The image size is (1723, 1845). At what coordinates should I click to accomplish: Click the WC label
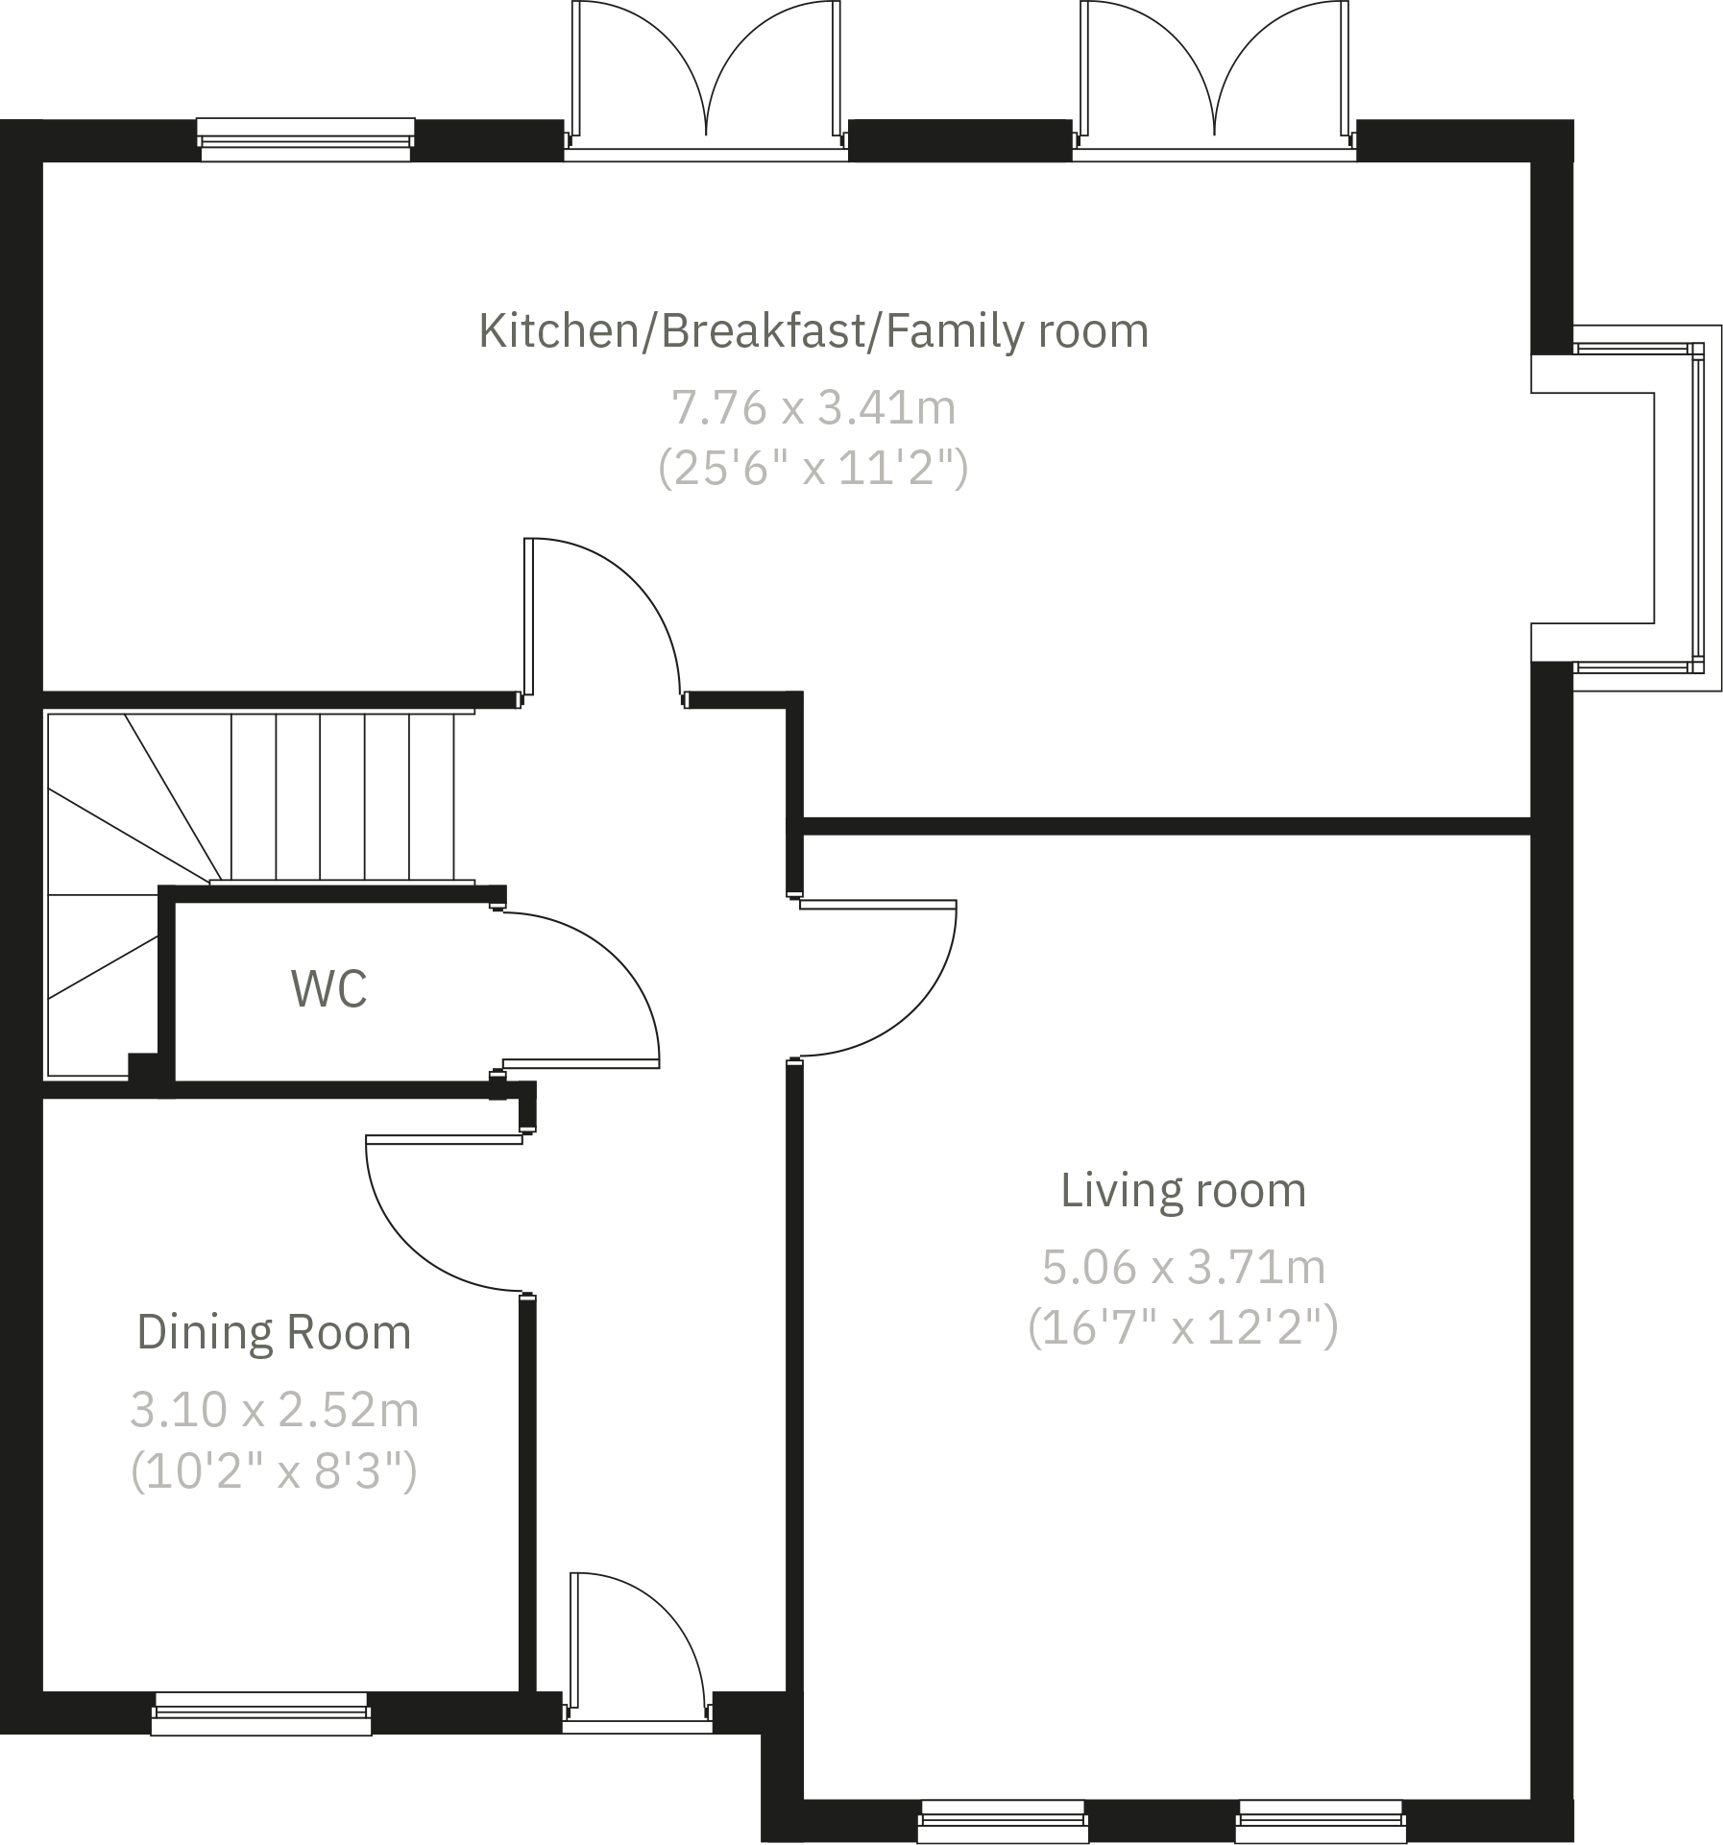(328, 989)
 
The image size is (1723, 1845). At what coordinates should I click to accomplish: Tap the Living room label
(1182, 1191)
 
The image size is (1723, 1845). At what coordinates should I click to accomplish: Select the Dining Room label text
(274, 1333)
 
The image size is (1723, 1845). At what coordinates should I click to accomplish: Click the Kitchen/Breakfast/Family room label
(813, 331)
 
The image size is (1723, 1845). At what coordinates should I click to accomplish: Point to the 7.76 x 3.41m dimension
(813, 408)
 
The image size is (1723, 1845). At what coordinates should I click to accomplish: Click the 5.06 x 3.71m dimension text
(1182, 1268)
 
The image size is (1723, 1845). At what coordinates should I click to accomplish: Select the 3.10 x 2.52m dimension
(274, 1410)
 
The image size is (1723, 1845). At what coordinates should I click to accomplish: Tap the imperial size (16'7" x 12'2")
(1182, 1329)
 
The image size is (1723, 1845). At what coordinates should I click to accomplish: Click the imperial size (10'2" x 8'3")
(274, 1471)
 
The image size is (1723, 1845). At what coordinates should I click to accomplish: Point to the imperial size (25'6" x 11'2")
(813, 470)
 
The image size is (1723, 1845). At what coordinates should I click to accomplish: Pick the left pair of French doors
(706, 77)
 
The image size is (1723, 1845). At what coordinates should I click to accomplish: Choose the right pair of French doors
(1214, 77)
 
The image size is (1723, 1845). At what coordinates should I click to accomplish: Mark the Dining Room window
(261, 1714)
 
